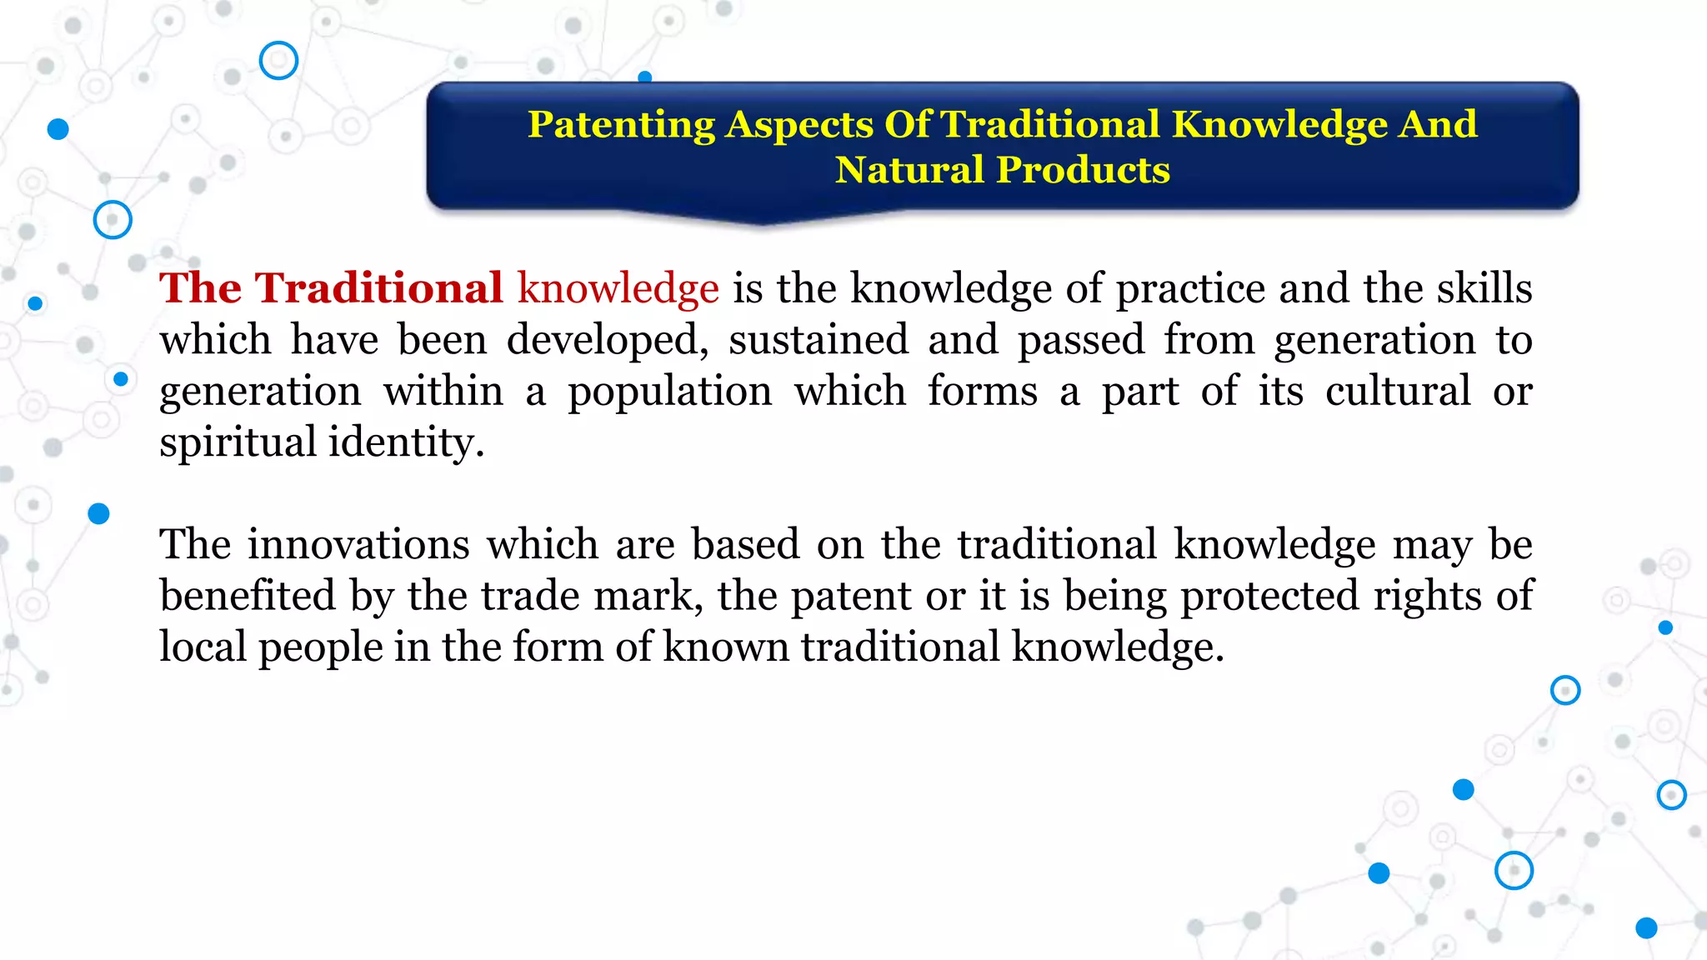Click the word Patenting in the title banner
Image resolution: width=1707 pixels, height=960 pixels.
tap(621, 125)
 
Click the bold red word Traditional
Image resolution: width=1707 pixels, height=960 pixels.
tap(378, 288)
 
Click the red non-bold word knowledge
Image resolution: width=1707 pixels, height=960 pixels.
tap(618, 288)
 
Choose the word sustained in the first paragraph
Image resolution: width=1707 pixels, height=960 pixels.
tap(818, 340)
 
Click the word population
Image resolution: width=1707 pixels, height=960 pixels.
tap(669, 392)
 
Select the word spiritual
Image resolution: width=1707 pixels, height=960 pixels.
tap(238, 442)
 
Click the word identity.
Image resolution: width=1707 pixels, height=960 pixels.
tap(405, 442)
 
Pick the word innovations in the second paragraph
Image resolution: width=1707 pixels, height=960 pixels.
tap(358, 545)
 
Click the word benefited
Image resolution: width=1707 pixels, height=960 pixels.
tap(247, 596)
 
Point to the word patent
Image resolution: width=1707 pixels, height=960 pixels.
tap(850, 596)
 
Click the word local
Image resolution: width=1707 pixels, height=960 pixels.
tap(203, 647)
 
